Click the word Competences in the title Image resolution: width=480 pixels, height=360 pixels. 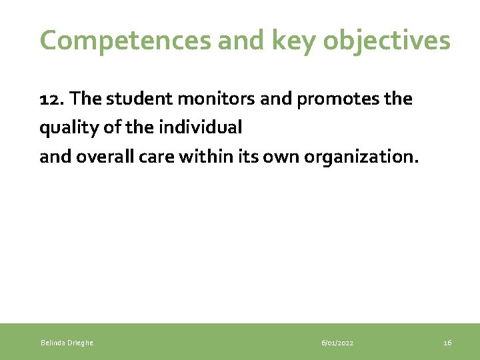[125, 41]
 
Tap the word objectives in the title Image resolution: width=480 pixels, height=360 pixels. [387, 41]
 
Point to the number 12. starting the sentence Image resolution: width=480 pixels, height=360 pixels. [52, 99]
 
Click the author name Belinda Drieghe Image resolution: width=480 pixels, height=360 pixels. [67, 343]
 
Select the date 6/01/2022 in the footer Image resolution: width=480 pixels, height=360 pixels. [337, 343]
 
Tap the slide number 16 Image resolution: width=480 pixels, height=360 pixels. [447, 343]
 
